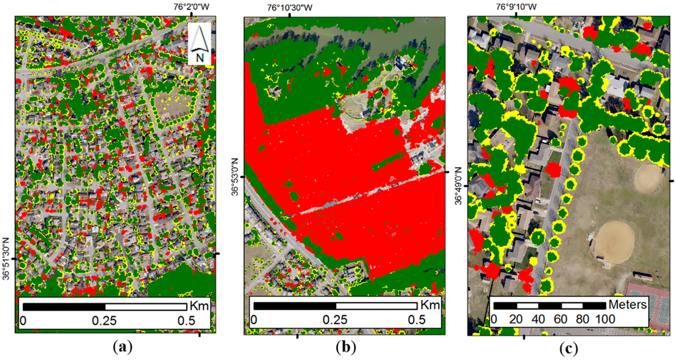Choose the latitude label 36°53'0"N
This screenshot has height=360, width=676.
(x=234, y=177)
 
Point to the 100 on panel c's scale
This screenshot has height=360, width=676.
(x=605, y=319)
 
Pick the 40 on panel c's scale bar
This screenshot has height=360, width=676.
(x=538, y=319)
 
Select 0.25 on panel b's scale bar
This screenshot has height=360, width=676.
(x=335, y=320)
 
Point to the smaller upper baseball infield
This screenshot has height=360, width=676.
(x=648, y=176)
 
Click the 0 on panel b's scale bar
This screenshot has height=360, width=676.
(x=253, y=320)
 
